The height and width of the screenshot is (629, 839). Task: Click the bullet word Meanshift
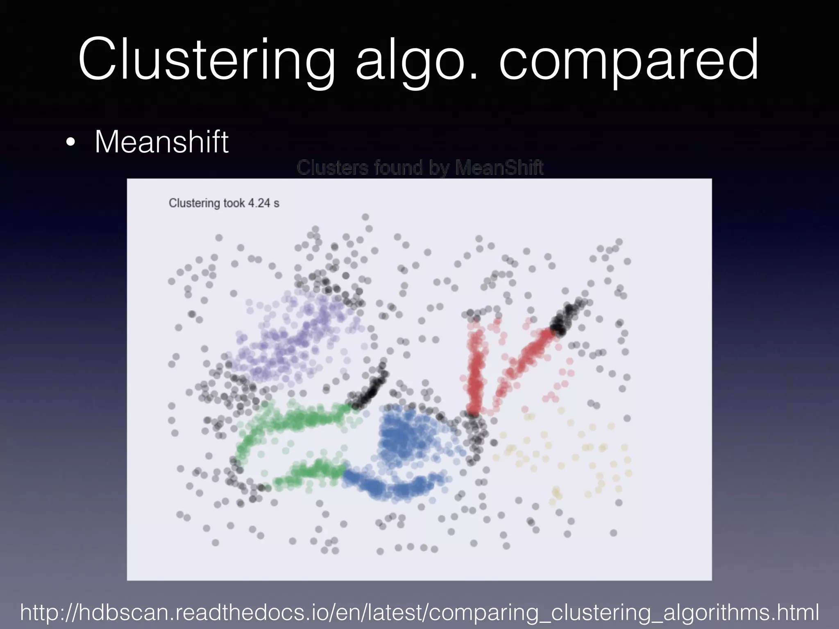[161, 142]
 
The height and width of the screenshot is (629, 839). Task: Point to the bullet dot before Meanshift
[70, 143]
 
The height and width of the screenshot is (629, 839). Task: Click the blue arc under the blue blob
[393, 487]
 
